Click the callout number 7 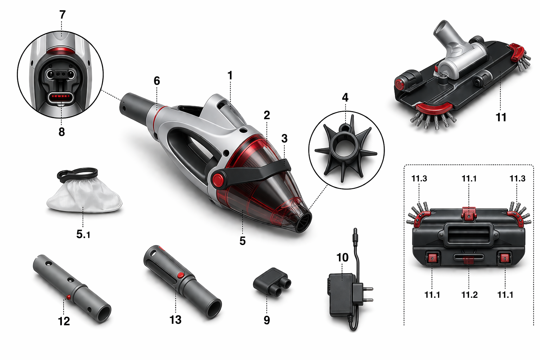coord(62,15)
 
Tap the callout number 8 coord(62,132)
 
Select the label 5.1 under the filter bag coord(83,234)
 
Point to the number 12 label coord(64,321)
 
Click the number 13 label coord(175,320)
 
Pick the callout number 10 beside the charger coord(342,258)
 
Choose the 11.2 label coord(469,295)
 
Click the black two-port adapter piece coord(272,282)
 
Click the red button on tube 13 coord(180,275)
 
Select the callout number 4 coord(345,97)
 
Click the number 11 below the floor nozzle coord(501,117)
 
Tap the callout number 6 coord(157,81)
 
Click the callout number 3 coord(284,139)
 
